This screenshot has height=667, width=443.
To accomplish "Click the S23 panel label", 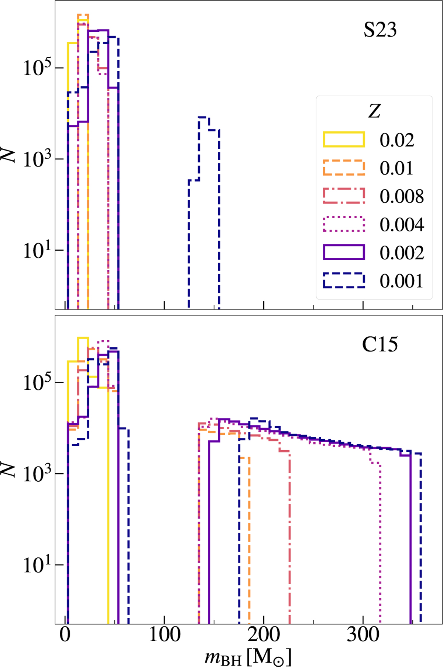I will (x=380, y=30).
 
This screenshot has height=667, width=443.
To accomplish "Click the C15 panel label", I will (x=380, y=344).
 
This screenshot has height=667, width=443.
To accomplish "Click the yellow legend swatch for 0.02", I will (x=344, y=140).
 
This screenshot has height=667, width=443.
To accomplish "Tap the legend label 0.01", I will (x=396, y=168).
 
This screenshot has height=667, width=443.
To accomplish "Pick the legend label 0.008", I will (x=402, y=196).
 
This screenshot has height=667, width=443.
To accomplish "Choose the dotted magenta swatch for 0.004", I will (x=344, y=224).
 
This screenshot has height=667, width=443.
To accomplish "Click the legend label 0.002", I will (x=402, y=253).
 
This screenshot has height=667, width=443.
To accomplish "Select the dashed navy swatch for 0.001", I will (x=344, y=281).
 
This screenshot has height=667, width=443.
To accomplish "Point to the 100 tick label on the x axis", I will (x=164, y=635).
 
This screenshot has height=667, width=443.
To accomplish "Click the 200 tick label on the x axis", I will (x=264, y=635).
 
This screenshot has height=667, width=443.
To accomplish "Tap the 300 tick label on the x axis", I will (x=363, y=635).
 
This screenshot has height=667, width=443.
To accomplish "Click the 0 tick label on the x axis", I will (x=65, y=635).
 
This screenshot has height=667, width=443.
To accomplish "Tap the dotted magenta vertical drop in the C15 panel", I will (x=380, y=535).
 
